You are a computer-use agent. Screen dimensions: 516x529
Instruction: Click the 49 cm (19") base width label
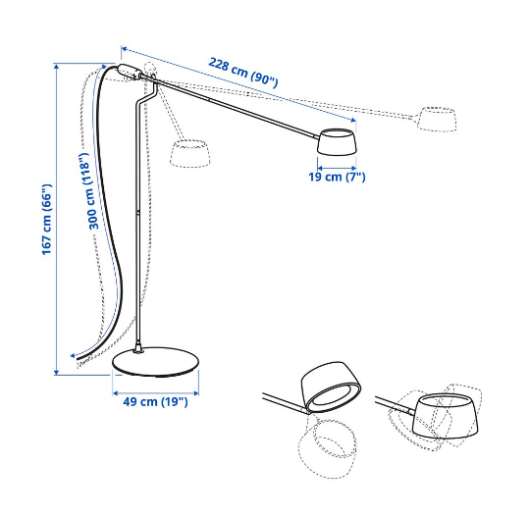pos(154,401)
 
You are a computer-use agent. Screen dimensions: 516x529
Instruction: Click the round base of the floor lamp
pos(157,364)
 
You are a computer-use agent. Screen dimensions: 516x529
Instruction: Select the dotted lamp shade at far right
pos(437,119)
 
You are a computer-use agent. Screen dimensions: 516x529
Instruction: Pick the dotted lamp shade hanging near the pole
pos(191,152)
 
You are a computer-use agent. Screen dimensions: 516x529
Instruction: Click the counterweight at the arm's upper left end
pos(128,72)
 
